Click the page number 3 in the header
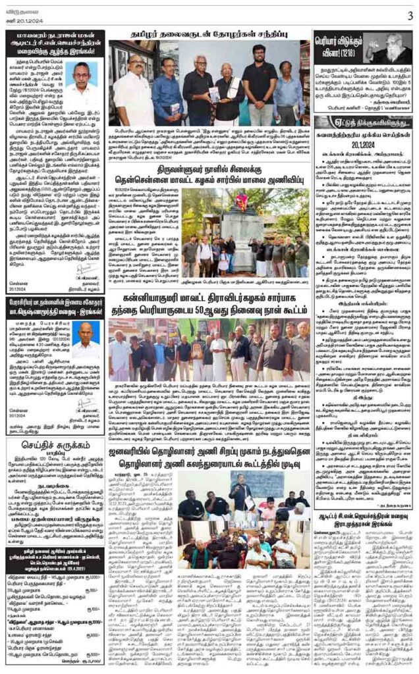409,14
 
